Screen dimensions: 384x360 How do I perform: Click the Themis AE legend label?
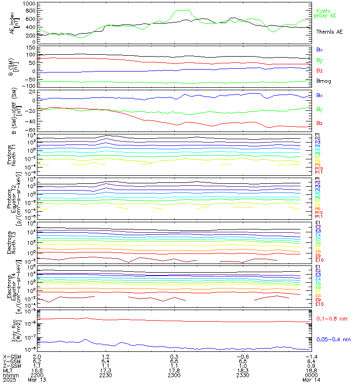329,32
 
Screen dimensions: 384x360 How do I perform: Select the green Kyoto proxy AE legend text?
326,13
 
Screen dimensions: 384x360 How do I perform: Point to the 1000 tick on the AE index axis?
29,3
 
